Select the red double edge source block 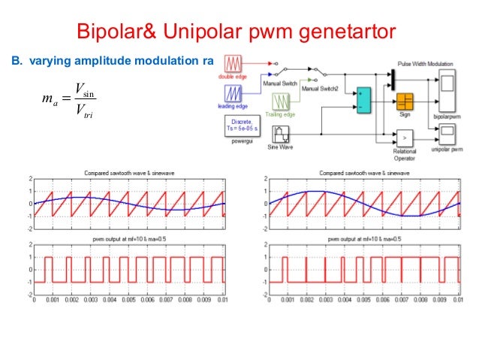point(233,65)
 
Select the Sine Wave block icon point(282,135)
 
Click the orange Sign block point(405,101)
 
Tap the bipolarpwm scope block point(447,83)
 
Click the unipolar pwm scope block point(447,135)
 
